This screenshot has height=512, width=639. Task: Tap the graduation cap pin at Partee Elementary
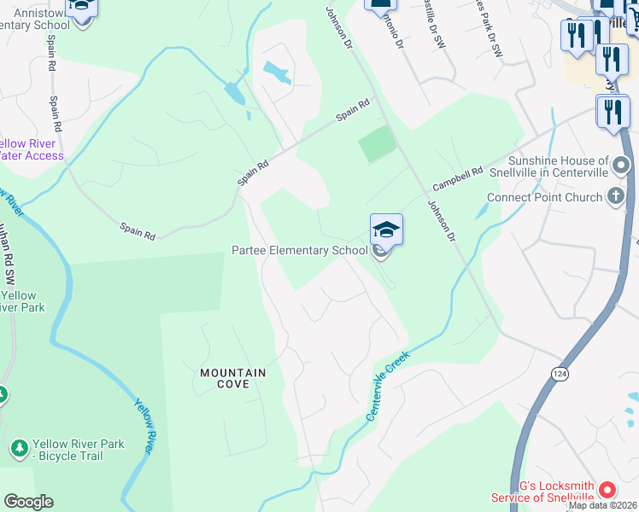386,230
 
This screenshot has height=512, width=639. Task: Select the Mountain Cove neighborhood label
232,379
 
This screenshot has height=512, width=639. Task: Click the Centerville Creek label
388,386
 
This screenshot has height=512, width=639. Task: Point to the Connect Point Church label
544,197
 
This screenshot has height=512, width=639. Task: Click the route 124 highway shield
559,375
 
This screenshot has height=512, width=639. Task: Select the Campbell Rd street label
457,178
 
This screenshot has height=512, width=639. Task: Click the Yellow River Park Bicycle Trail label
78,450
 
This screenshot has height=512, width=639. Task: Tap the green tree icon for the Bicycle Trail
19,448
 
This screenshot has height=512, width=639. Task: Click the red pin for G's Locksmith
607,490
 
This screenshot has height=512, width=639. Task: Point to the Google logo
28,501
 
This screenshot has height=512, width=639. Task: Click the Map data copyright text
602,505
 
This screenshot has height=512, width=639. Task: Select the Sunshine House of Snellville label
558,166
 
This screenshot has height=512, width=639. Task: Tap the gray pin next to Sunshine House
622,164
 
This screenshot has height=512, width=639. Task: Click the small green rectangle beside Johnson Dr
377,143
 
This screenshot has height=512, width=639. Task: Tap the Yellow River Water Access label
32,149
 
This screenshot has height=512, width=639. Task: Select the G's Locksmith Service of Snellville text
542,492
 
